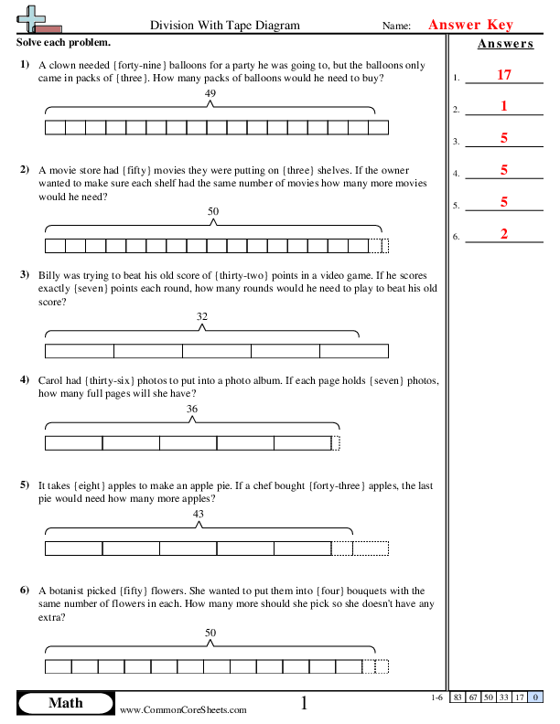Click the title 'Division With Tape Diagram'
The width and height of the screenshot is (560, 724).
coord(224,27)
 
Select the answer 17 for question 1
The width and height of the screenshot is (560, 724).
coord(503,75)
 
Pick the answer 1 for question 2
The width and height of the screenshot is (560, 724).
coord(504,106)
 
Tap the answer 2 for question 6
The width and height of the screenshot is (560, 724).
coord(504,234)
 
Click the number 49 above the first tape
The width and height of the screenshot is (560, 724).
coord(211,94)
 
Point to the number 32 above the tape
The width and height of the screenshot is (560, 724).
coord(202,316)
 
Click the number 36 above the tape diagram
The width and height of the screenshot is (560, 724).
coord(192,409)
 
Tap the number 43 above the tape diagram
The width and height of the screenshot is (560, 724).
coord(199,514)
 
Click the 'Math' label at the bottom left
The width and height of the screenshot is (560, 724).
coord(65,703)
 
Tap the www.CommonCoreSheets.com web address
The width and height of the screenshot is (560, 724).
coord(183,709)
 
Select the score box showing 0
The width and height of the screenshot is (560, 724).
coord(533,697)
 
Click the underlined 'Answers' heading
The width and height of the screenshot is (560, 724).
coord(504,44)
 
